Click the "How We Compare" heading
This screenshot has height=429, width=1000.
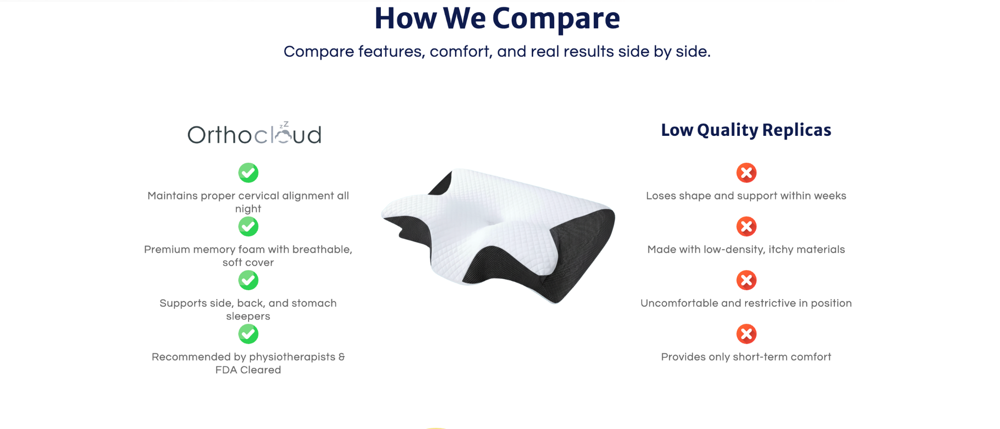pos(497,18)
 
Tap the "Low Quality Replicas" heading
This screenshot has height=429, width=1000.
pos(746,130)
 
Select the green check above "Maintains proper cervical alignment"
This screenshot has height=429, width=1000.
pos(249,173)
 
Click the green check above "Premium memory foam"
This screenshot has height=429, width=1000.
pos(249,227)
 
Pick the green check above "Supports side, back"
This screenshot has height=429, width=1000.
pos(249,280)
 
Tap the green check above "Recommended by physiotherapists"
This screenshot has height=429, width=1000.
pos(249,334)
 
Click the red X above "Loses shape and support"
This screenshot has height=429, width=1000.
pos(747,173)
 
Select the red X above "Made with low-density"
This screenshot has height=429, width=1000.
pos(747,227)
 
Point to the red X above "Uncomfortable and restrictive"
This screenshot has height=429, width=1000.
pos(747,280)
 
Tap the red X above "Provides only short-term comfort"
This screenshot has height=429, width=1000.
pos(747,334)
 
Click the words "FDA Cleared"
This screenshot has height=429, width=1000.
pos(248,370)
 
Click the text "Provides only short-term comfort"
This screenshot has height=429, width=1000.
pos(746,357)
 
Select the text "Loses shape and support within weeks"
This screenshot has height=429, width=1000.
pos(746,196)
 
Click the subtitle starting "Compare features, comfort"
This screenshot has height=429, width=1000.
pos(497,51)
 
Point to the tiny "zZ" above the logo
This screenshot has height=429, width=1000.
pos(284,125)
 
